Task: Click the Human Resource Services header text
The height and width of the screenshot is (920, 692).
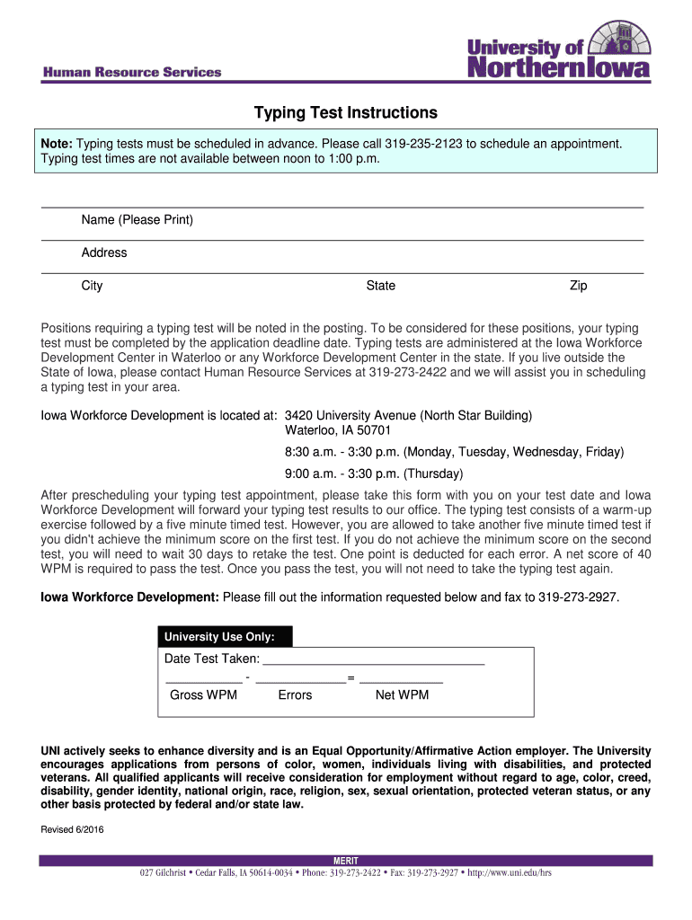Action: (129, 73)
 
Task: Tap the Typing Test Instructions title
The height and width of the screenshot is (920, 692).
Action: (345, 113)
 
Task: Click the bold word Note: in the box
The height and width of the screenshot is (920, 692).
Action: (57, 144)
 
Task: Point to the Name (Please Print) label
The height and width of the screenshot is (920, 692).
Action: (137, 220)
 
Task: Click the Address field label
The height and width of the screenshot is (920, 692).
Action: (104, 252)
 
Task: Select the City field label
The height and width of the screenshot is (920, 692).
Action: (92, 286)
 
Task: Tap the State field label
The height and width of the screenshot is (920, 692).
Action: (380, 286)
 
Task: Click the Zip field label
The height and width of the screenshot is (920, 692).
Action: (578, 286)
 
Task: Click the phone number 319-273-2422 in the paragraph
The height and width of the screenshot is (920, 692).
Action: (408, 371)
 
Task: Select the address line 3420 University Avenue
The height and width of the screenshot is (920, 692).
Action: (408, 415)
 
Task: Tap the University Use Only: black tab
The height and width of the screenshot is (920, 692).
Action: (225, 637)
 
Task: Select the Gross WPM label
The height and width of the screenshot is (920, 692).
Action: (203, 694)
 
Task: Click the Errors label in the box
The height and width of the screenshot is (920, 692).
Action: (295, 694)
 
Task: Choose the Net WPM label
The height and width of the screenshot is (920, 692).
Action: (402, 694)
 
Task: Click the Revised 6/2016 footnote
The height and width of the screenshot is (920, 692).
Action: (73, 829)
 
